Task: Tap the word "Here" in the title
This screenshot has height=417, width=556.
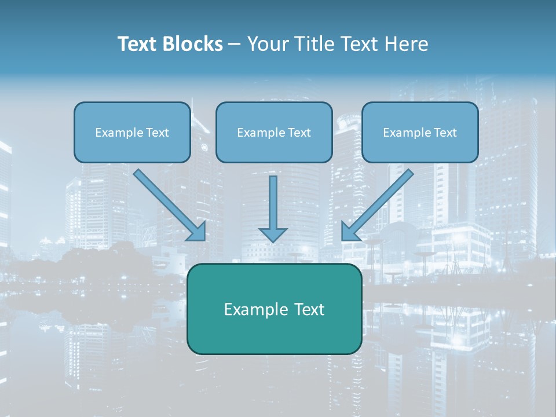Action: (407, 44)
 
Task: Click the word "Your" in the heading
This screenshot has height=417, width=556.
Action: (266, 44)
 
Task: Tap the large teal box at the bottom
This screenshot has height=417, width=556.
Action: (274, 333)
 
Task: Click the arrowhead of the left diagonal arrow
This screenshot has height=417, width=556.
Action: (197, 232)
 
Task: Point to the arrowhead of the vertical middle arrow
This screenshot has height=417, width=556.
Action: (273, 235)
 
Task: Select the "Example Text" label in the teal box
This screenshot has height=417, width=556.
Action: (274, 309)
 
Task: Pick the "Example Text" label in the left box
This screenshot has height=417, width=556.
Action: (132, 133)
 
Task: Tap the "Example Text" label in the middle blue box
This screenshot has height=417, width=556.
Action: (274, 133)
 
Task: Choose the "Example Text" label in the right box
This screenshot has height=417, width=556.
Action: (420, 133)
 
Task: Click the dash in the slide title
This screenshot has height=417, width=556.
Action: (235, 45)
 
